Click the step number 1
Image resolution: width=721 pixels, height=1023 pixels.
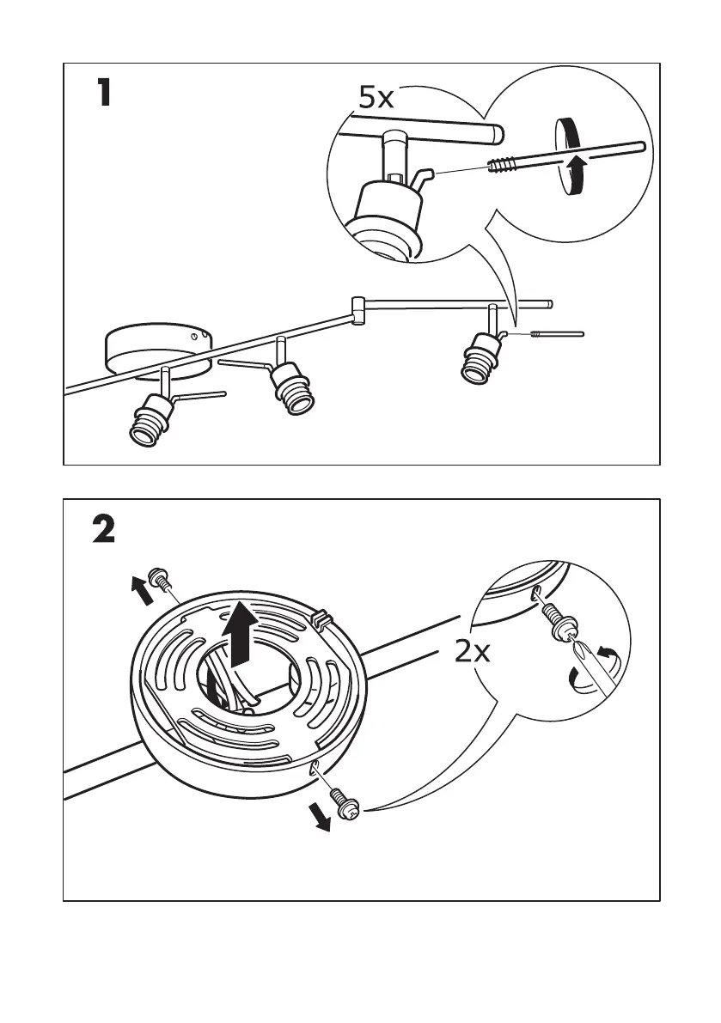coord(103,93)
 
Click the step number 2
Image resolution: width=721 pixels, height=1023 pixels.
coord(104,529)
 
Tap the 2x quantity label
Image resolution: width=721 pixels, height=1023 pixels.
coord(472,653)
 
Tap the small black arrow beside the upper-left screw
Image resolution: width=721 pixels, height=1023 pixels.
coord(137,592)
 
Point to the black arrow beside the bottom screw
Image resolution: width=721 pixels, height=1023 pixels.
coord(322,820)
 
